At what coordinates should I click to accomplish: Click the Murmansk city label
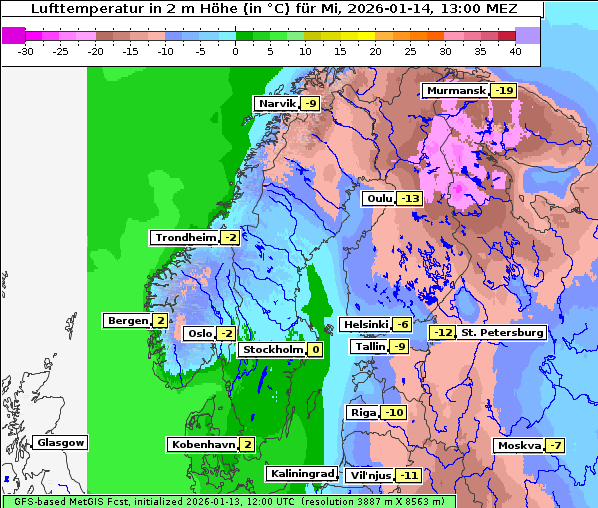456,91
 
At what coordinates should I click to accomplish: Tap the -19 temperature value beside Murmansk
504,91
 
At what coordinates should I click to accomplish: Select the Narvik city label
277,104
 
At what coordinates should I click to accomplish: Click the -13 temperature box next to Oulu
409,199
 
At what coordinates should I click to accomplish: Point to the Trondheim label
184,238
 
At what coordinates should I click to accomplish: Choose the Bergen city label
127,321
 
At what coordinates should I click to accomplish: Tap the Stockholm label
271,350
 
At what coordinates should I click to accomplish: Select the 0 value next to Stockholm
316,350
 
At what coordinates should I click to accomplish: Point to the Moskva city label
518,446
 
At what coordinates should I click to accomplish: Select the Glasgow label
60,443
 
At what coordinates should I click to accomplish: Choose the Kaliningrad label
301,474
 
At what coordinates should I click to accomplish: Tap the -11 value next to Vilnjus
408,475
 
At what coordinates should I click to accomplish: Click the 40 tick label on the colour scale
515,50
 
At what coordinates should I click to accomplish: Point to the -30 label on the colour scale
26,50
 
